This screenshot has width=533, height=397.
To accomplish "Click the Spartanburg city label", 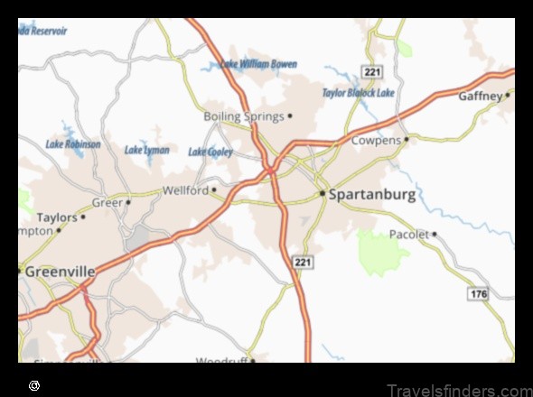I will (372, 194).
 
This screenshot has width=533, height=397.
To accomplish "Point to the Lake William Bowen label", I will (259, 65).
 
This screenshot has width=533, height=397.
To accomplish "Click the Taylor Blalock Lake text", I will (359, 93).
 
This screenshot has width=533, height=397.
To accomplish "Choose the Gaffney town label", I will (480, 95).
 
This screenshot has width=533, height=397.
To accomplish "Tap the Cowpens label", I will (376, 141).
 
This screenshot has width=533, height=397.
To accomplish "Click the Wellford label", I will (185, 190).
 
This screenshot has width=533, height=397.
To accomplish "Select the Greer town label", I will (107, 202).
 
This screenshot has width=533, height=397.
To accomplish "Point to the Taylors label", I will (57, 217).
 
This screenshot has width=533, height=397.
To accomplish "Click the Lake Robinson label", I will (72, 143).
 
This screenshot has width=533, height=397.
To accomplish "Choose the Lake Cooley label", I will (210, 152).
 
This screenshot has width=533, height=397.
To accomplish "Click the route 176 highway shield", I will (478, 294).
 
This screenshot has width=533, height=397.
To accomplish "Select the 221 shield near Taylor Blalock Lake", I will (370, 70).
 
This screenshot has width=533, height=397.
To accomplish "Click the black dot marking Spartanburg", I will (323, 193).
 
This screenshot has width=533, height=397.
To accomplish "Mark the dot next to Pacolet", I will (435, 234).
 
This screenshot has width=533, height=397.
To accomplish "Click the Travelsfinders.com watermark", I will (459, 390).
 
